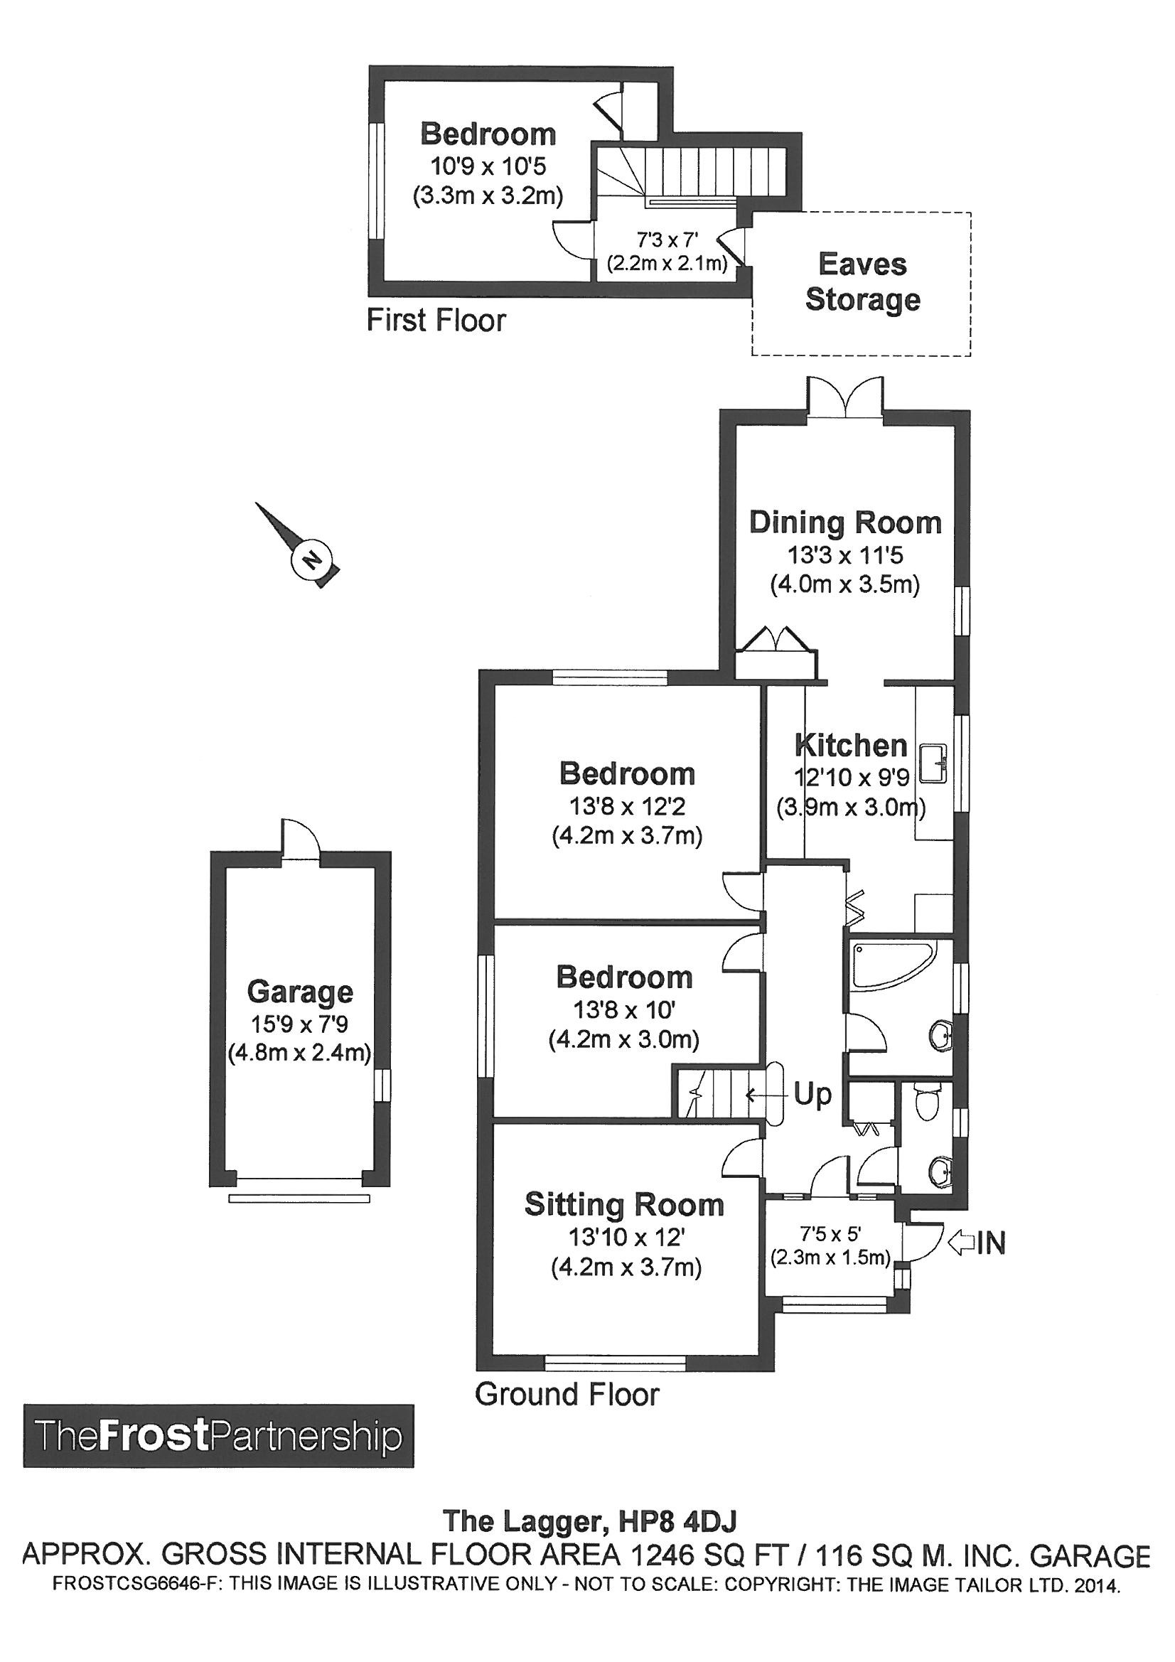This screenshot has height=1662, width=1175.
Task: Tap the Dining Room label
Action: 845,522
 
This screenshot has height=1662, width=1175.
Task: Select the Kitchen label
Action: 851,745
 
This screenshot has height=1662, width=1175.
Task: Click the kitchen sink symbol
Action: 934,763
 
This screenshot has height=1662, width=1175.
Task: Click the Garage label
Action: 300,992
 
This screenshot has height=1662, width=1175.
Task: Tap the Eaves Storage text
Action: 862,282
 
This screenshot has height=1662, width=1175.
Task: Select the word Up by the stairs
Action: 813,1095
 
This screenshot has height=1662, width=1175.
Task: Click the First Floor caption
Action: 436,320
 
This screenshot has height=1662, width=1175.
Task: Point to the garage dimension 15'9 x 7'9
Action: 300,1024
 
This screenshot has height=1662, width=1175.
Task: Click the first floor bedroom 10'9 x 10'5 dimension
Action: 488,166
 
